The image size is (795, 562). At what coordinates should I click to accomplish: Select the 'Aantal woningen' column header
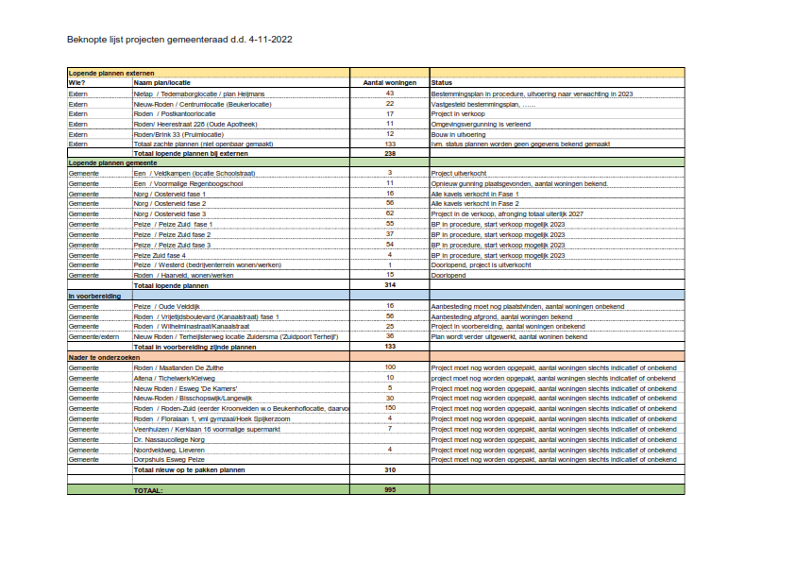pos(389,83)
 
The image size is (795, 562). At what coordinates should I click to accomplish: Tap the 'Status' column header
pos(441,83)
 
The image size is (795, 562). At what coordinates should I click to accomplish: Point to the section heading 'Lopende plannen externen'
pos(111,73)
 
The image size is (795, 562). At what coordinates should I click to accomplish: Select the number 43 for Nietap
pos(389,94)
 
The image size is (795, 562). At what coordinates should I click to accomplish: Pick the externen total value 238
pos(389,153)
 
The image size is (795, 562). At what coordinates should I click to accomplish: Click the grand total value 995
pos(389,489)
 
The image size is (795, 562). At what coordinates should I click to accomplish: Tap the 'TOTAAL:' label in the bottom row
pos(148,490)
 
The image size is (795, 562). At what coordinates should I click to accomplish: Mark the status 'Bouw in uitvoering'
pos(459,133)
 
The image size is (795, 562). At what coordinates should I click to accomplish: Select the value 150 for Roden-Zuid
pos(389,407)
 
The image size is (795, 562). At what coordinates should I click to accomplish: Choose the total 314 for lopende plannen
pos(389,284)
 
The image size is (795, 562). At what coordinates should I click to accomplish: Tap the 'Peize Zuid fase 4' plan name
pos(160,255)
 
